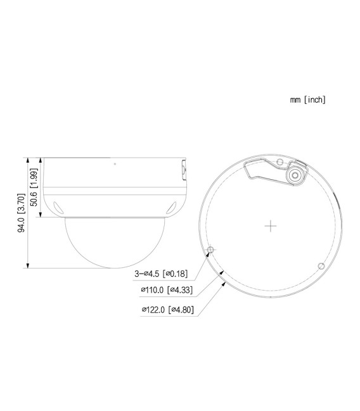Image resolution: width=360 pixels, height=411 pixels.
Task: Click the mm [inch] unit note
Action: [308, 100]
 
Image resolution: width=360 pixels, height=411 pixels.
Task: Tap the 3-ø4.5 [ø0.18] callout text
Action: [161, 274]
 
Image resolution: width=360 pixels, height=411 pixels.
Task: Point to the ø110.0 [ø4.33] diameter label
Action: [167, 291]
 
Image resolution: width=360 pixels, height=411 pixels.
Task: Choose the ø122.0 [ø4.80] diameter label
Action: [167, 310]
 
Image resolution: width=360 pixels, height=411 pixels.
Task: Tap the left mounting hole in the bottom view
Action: [212, 250]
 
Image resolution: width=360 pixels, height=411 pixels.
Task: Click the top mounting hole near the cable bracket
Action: [279, 163]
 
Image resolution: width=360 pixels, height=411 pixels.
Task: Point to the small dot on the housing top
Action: [115, 164]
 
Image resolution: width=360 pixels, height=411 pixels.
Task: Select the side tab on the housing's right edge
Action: [184, 169]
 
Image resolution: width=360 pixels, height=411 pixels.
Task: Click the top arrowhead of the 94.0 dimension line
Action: [29, 160]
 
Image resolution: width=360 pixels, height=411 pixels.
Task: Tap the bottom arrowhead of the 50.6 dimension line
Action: [41, 215]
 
